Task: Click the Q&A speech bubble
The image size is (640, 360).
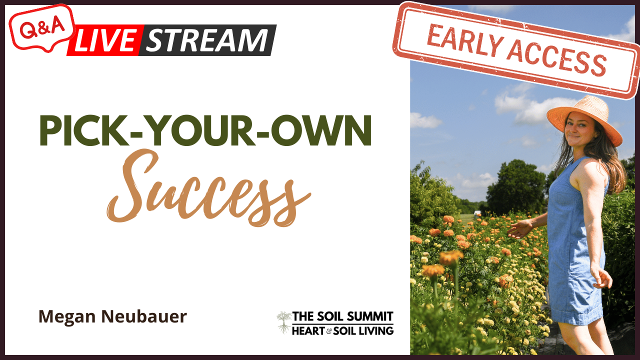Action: coord(42,26)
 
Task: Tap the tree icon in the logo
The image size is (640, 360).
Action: coord(284,322)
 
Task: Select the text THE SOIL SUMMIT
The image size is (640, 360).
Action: coord(343,316)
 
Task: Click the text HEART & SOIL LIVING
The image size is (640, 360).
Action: coord(343,330)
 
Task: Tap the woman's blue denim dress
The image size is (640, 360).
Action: coord(575,250)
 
